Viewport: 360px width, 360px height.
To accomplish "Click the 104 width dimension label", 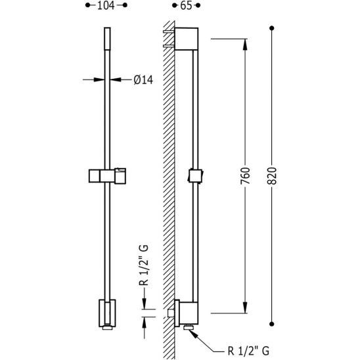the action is (106, 5).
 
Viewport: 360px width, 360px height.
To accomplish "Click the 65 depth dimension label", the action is (186, 5).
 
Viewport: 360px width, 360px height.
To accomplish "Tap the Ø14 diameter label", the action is (143, 80).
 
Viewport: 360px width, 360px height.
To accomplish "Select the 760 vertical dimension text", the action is (245, 175).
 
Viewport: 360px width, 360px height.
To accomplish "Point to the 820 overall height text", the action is (272, 175).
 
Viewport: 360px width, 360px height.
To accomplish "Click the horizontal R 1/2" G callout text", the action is (248, 351).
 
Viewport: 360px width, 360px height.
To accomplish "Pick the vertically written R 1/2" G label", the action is (144, 265).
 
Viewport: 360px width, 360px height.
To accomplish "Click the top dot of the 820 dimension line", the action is (272, 28).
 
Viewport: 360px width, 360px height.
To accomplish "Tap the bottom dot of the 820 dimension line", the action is (272, 324).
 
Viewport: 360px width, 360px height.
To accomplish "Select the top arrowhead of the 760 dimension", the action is (245, 44).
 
